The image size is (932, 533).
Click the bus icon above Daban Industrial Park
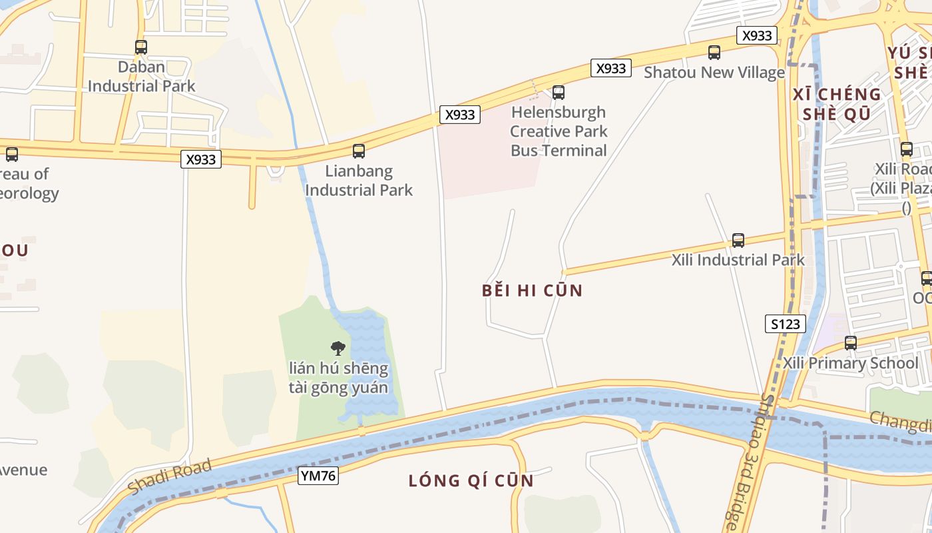pyautogui.click(x=141, y=47)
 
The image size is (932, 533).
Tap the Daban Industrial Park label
pyautogui.click(x=142, y=77)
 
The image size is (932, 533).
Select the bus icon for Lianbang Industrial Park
pyautogui.click(x=359, y=151)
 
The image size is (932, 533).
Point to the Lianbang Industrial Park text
pyautogui.click(x=359, y=181)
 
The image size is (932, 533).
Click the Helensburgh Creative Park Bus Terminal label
pyautogui.click(x=559, y=131)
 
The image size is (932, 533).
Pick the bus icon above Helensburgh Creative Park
pyautogui.click(x=559, y=93)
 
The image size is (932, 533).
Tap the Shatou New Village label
pyautogui.click(x=714, y=73)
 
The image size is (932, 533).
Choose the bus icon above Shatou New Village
pyautogui.click(x=714, y=53)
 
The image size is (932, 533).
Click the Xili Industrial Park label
pyautogui.click(x=738, y=260)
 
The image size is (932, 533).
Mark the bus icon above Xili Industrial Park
pyautogui.click(x=738, y=241)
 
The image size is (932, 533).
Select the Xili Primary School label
pyautogui.click(x=850, y=363)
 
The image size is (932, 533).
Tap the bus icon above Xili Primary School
pyautogui.click(x=851, y=344)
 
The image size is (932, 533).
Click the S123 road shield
pyautogui.click(x=786, y=324)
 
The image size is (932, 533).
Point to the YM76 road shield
pyautogui.click(x=318, y=476)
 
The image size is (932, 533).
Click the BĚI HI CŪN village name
pyautogui.click(x=532, y=290)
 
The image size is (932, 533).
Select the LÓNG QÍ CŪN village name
pyautogui.click(x=471, y=480)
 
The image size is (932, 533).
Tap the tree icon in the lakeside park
pyautogui.click(x=338, y=348)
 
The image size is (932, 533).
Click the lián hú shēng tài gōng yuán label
pyautogui.click(x=338, y=378)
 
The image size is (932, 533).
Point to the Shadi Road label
pyautogui.click(x=170, y=477)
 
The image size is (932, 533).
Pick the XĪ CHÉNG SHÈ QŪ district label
pyautogui.click(x=837, y=104)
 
